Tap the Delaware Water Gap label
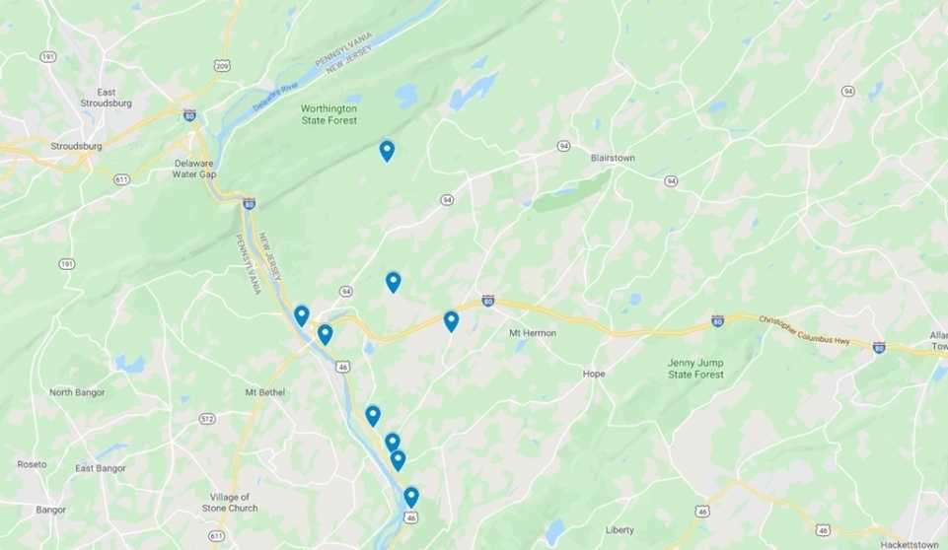tap(194, 168)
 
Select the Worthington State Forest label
tap(329, 114)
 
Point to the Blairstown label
tap(613, 158)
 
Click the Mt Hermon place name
tap(533, 333)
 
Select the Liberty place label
tap(620, 529)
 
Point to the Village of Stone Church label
tap(231, 503)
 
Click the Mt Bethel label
tap(264, 391)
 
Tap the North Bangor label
tap(78, 392)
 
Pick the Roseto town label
tap(32, 464)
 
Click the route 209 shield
tap(222, 65)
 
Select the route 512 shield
tap(207, 418)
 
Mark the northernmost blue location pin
tap(387, 150)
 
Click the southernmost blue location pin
tap(411, 496)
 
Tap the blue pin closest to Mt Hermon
tap(451, 320)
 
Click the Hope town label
tap(594, 374)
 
